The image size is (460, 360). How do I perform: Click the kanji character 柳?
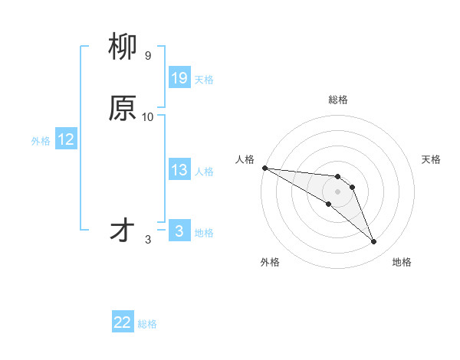123,48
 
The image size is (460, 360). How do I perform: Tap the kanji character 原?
123,109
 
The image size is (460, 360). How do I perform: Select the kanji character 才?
123,231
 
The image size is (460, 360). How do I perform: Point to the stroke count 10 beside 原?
148,116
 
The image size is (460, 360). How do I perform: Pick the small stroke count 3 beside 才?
148,240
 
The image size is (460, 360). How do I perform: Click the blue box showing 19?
179,78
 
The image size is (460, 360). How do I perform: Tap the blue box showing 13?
179,170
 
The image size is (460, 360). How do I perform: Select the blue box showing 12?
66,139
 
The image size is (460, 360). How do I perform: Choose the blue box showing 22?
123,322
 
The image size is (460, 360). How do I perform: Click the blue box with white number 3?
179,231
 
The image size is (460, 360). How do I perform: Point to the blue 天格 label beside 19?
204,80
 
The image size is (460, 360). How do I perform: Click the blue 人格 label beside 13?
204,172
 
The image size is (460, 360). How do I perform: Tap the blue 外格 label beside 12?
41,141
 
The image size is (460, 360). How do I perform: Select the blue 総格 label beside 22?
147,324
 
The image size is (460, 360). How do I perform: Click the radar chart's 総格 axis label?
338,100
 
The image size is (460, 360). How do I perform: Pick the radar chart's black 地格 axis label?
402,262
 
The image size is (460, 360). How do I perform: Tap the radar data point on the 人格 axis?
264,168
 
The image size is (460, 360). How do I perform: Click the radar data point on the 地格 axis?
374,242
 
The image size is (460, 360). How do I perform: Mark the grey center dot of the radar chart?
338,191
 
